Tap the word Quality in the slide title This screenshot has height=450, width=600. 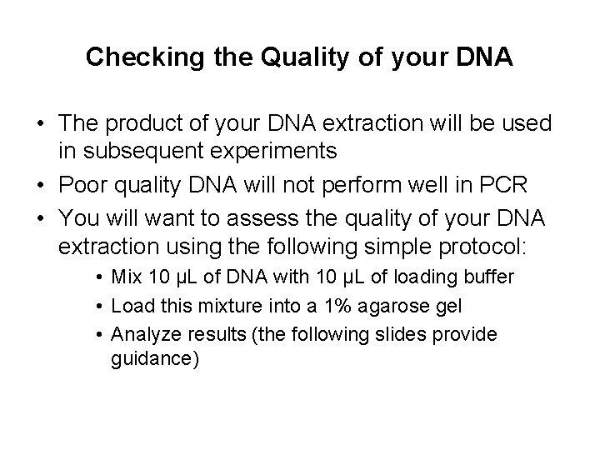[x=259, y=57]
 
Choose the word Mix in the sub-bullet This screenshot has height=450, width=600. [x=126, y=275]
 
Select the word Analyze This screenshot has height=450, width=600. [x=140, y=334]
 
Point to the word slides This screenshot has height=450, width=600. [x=400, y=334]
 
